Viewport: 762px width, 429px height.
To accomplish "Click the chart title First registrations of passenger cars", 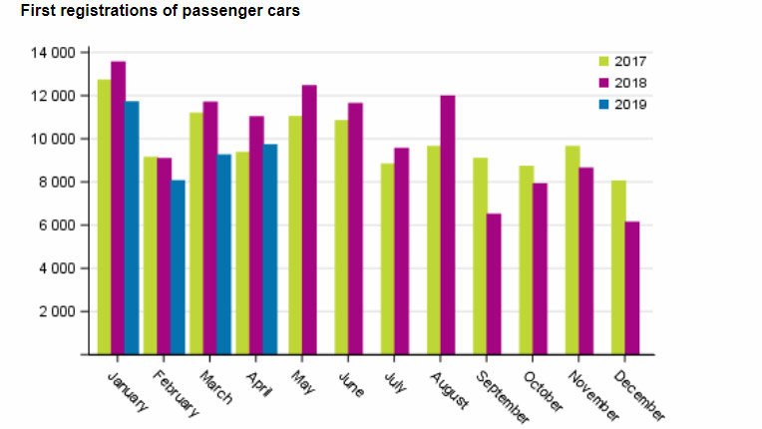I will (x=161, y=11).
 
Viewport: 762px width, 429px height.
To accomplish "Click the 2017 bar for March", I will (x=196, y=233).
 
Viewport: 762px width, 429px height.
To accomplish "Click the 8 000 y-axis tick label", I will (x=56, y=182).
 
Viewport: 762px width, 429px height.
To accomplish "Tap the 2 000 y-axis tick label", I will (x=56, y=311).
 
